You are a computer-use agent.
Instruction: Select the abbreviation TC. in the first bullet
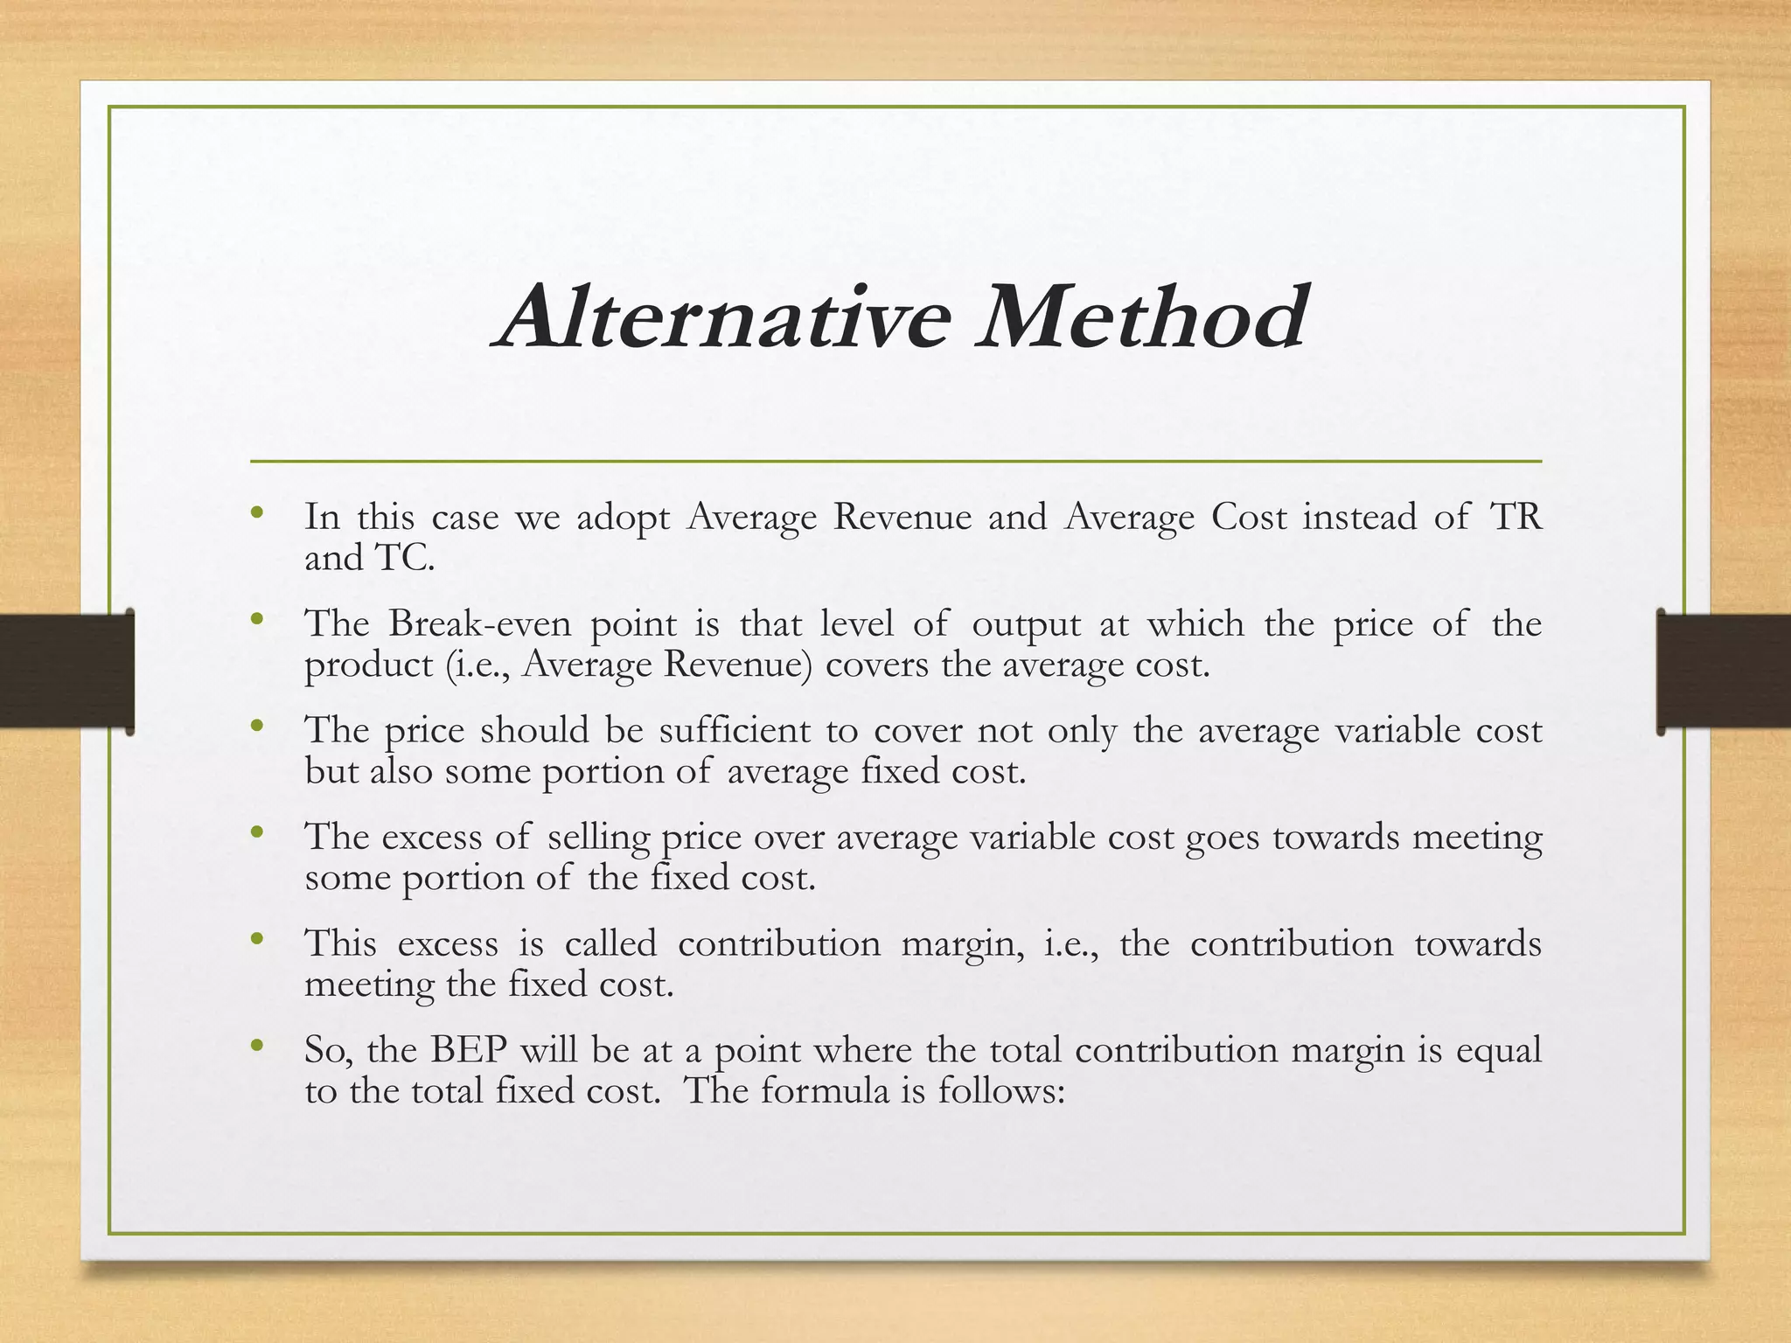tap(404, 558)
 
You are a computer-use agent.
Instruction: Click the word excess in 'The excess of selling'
tap(432, 838)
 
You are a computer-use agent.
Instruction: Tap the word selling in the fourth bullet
tap(599, 838)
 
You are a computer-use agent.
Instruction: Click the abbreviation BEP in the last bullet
tap(469, 1050)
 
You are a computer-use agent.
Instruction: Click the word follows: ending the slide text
tap(1001, 1090)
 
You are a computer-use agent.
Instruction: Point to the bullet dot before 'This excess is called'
tap(256, 939)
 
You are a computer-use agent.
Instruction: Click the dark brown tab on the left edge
tap(66, 671)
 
